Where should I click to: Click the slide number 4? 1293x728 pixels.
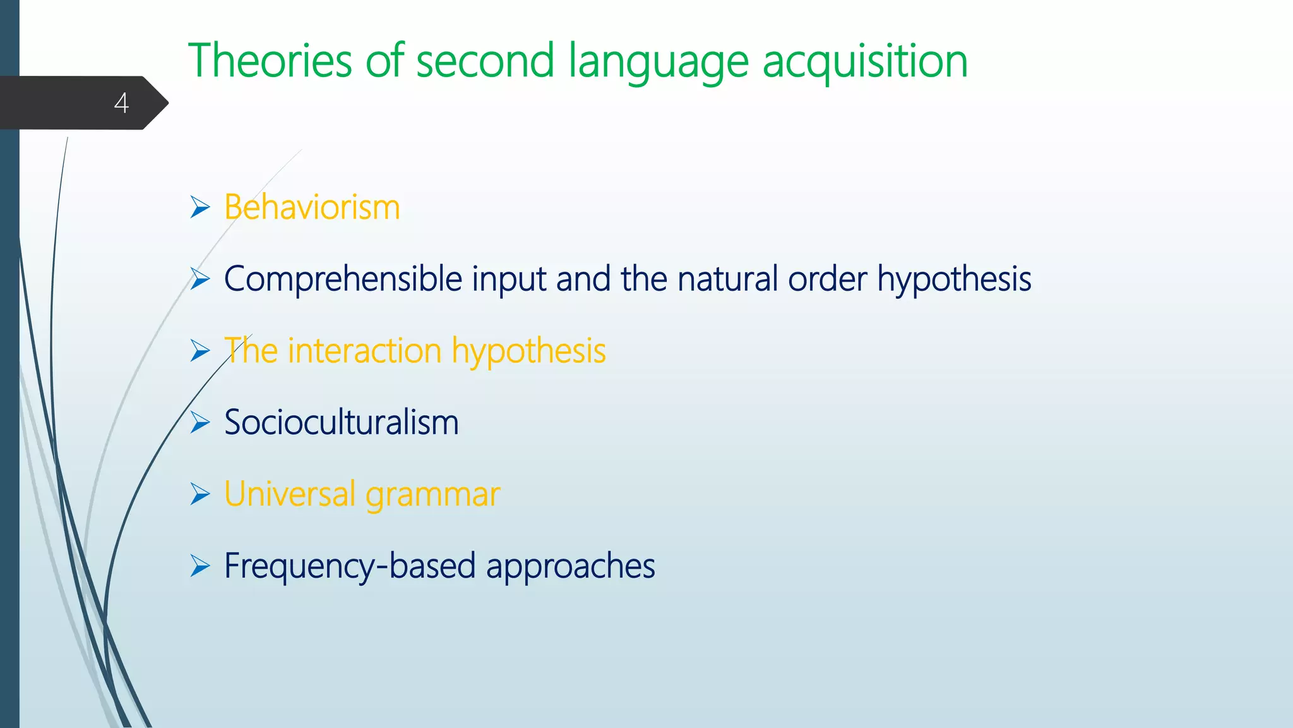pyautogui.click(x=121, y=103)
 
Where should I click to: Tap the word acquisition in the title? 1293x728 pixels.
pyautogui.click(x=865, y=62)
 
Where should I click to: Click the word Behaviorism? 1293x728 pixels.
pyautogui.click(x=312, y=207)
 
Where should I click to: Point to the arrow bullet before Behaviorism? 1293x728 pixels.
pyautogui.click(x=200, y=207)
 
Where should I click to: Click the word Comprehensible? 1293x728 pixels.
pyautogui.click(x=343, y=279)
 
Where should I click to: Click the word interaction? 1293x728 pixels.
pyautogui.click(x=364, y=351)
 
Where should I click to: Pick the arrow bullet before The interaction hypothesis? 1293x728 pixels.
pyautogui.click(x=200, y=351)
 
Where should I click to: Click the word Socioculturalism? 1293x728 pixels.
pyautogui.click(x=341, y=422)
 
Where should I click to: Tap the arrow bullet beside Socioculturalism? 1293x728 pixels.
pyautogui.click(x=200, y=422)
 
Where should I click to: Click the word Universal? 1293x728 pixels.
pyautogui.click(x=290, y=494)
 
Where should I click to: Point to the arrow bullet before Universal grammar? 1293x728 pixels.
pyautogui.click(x=200, y=494)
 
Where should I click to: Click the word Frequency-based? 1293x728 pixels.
pyautogui.click(x=350, y=566)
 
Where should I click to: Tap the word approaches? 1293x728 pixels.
pyautogui.click(x=570, y=567)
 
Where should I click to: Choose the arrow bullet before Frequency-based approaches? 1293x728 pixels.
pyautogui.click(x=200, y=566)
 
